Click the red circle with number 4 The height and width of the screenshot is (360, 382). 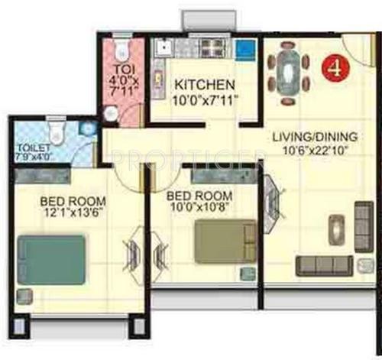[x=333, y=67]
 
